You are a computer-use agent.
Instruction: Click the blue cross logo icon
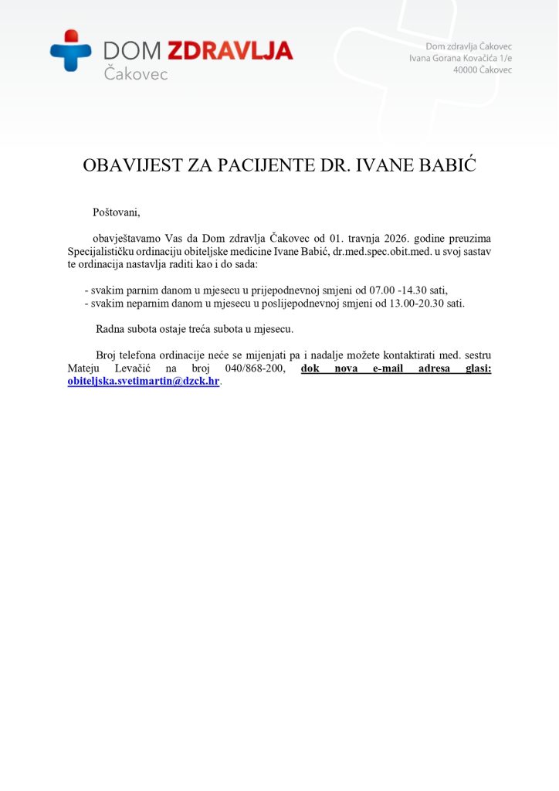coord(71,50)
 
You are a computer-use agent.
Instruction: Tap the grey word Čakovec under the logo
coord(135,74)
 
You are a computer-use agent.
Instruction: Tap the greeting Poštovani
coord(117,212)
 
